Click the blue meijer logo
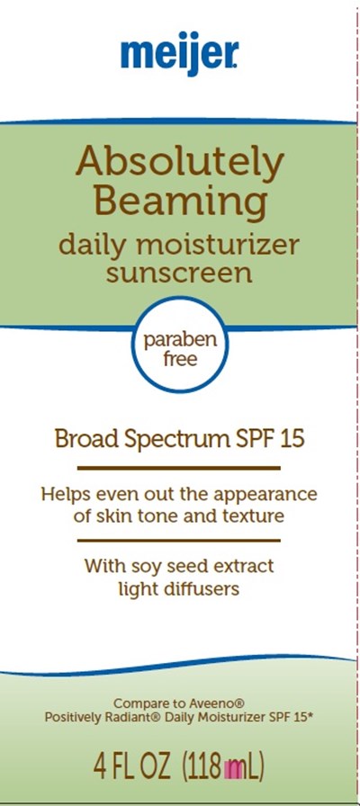(179, 53)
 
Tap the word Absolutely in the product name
(179, 163)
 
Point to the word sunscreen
(179, 273)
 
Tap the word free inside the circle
(180, 358)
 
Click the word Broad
(82, 440)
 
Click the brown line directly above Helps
(178, 469)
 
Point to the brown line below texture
(178, 541)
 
